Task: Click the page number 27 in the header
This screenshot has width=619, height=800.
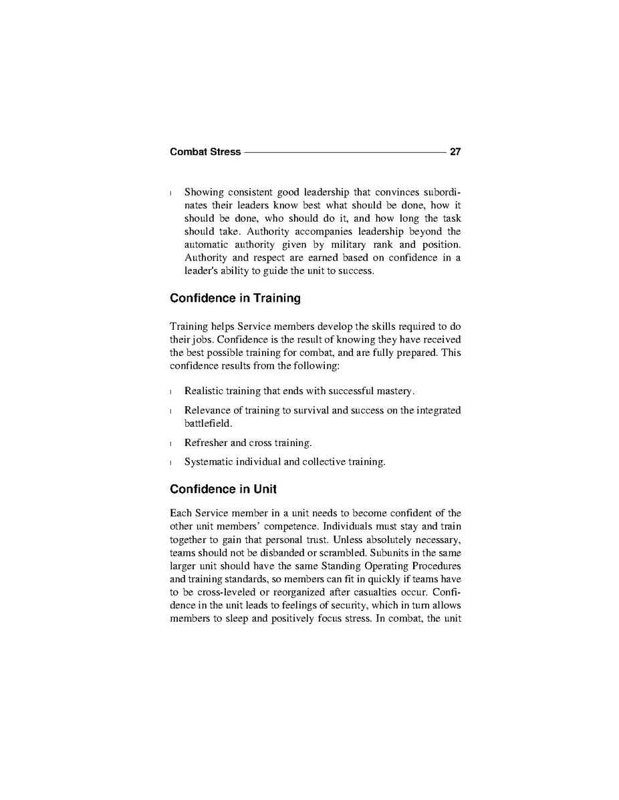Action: (455, 152)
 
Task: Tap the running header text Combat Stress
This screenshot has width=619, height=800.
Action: (205, 152)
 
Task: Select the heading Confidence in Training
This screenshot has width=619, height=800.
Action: (235, 298)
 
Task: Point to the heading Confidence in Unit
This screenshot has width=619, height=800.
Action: (223, 489)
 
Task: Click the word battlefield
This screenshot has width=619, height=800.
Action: (208, 423)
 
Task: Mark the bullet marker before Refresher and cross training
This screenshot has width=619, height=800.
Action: (172, 443)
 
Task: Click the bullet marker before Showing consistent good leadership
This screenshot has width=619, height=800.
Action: (172, 193)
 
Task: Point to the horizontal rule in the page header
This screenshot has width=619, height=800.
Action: (345, 152)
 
